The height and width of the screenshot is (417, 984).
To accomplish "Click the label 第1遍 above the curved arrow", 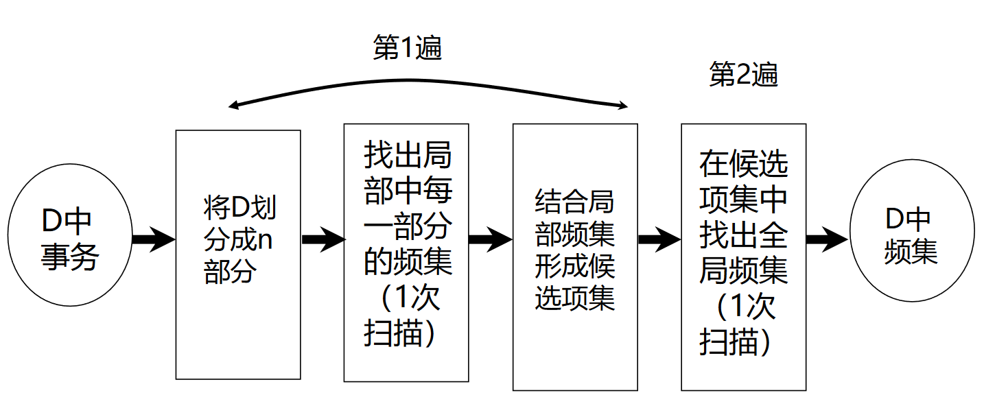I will [407, 48].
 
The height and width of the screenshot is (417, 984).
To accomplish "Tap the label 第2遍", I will [743, 74].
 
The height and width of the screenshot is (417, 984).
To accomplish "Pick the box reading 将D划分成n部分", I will [238, 254].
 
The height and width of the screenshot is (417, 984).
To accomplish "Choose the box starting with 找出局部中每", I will [406, 252].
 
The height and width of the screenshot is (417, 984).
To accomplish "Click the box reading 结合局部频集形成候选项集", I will [575, 257].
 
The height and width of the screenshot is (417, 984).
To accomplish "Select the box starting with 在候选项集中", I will [743, 257].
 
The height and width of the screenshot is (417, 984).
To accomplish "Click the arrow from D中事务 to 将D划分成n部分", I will [153, 239].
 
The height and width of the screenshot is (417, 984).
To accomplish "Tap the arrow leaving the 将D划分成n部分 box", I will [323, 239].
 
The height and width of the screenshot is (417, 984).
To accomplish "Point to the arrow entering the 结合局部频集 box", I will [491, 239].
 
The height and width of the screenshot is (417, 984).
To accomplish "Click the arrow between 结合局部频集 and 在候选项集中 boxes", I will [659, 239].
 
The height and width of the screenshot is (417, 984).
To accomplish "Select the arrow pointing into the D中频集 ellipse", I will [828, 239].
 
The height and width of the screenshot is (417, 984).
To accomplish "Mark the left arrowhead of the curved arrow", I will [233, 106].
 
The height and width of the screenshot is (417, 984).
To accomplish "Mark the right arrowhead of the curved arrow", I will [623, 106].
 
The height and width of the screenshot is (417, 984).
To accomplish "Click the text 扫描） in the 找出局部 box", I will [399, 332].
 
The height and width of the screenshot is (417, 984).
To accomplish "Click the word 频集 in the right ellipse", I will [911, 252].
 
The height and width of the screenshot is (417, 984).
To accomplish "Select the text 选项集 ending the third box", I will [575, 299].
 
